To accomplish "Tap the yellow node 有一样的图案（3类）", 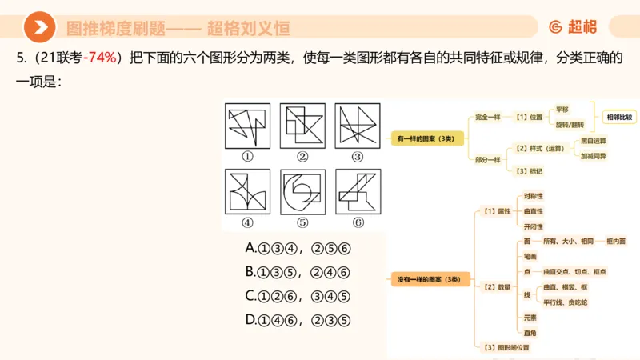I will click(x=426, y=138).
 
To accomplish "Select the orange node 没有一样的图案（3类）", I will click(x=429, y=279).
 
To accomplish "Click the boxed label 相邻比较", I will click(x=619, y=117).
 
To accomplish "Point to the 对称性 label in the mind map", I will click(x=533, y=195).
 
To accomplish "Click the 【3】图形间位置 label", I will click(x=507, y=347).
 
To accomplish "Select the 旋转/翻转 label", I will click(x=570, y=125).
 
